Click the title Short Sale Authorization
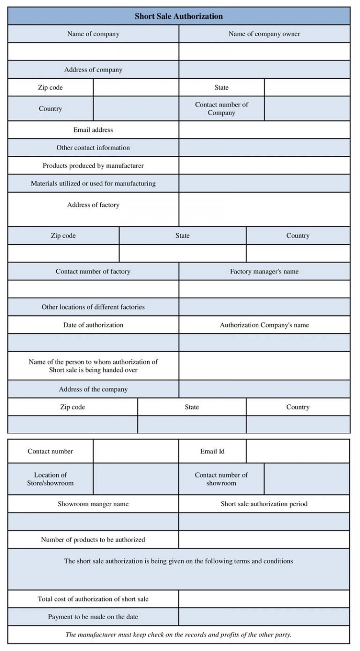179,16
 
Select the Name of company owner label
264,34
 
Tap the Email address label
93,130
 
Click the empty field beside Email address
264,130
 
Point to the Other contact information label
93,148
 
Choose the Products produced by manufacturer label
93,166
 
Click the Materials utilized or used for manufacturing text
93,183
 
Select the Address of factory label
93,205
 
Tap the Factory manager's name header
264,272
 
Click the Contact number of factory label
93,272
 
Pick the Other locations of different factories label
93,307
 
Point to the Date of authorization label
93,325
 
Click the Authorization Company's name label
264,325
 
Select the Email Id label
212,451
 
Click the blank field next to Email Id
298,451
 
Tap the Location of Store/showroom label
50,479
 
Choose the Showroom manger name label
93,504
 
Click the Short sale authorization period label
264,504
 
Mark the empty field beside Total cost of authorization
264,599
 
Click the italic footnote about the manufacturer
179,635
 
